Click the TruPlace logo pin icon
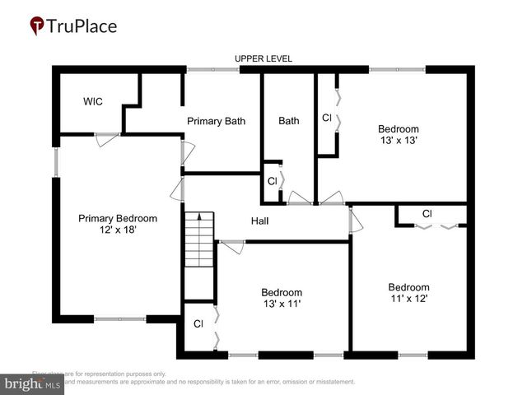38,26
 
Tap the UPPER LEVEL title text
263,58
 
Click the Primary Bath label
216,121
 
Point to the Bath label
288,121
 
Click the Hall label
260,221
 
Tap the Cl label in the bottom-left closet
198,324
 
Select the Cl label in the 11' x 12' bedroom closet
427,214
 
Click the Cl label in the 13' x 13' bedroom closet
327,117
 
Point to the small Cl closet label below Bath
272,181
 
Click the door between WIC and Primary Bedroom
106,137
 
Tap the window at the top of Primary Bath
212,70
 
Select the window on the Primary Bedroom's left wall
56,162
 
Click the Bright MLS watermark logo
33,384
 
